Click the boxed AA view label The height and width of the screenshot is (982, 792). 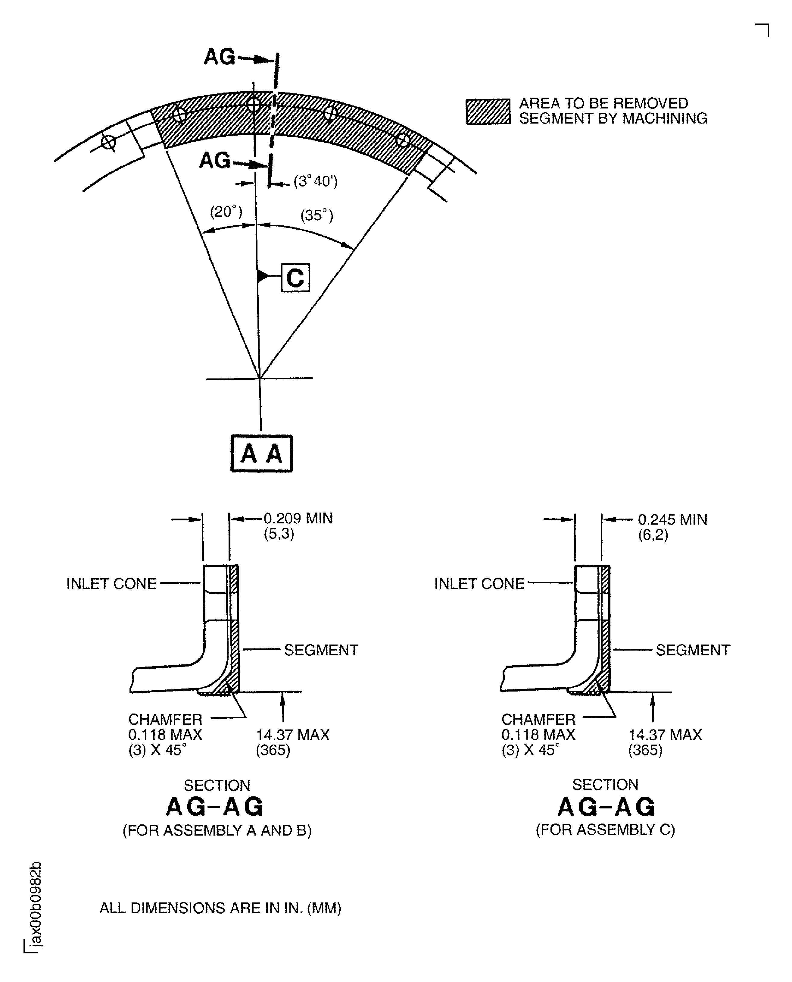(261, 453)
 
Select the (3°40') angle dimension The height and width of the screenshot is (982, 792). (316, 182)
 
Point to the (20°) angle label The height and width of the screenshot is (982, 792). (226, 212)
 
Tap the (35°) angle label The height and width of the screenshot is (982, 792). (316, 215)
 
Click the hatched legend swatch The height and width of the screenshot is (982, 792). (488, 111)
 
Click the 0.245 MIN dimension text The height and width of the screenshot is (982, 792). (672, 519)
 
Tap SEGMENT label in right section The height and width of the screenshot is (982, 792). (693, 650)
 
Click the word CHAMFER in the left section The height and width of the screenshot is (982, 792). (165, 720)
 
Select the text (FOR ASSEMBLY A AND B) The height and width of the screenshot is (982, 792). (217, 830)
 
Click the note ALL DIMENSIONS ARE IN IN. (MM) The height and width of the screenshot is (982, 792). (220, 908)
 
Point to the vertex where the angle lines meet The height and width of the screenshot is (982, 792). (260, 378)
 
